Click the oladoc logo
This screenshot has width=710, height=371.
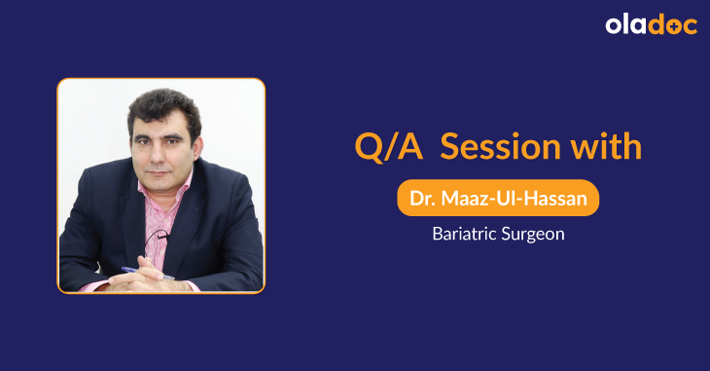(x=651, y=26)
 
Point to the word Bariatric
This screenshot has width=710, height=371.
(x=466, y=234)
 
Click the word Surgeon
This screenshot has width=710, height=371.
(x=534, y=235)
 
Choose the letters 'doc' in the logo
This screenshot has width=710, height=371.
(x=672, y=26)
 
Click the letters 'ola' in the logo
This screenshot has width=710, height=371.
(x=627, y=26)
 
